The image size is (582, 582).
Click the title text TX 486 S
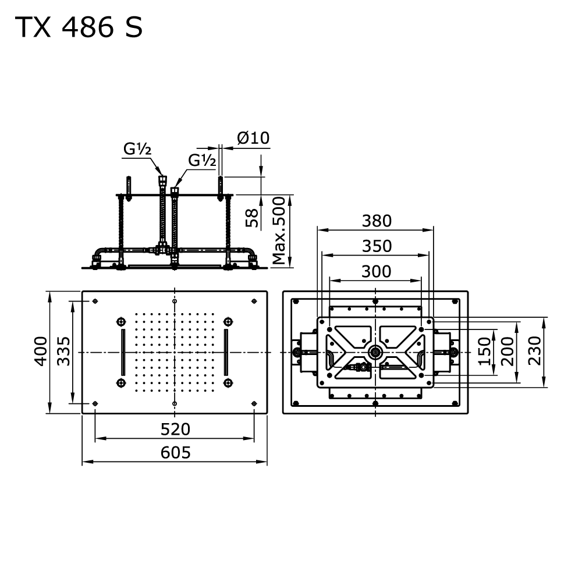click(x=78, y=27)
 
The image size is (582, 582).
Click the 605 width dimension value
click(x=175, y=452)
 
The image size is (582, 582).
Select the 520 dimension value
click(x=175, y=429)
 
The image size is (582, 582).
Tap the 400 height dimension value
click(x=40, y=351)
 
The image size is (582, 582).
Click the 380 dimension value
click(x=376, y=221)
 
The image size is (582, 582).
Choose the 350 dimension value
click(x=376, y=246)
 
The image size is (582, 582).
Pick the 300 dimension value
click(x=376, y=271)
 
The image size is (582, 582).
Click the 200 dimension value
click(x=508, y=351)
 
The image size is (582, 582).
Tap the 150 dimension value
click(x=484, y=351)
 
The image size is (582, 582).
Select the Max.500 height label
click(x=280, y=230)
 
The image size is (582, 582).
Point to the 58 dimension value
click(x=251, y=218)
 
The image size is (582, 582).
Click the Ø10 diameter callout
click(x=253, y=138)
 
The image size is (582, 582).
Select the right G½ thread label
click(x=202, y=160)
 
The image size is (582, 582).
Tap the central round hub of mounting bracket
click(x=376, y=352)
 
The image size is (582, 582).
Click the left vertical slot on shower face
click(x=123, y=352)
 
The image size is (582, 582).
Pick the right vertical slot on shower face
click(x=226, y=352)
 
